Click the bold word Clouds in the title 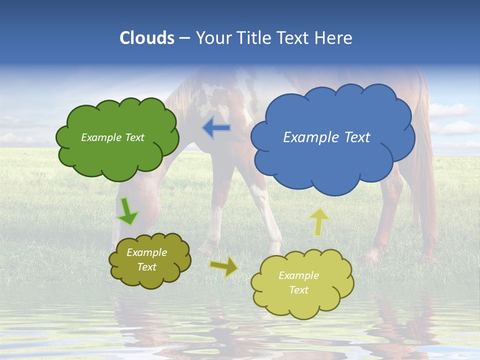tap(147, 38)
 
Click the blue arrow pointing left tap(216, 128)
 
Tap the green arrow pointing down tap(127, 211)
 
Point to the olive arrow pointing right tap(224, 266)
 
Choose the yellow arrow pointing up tap(319, 221)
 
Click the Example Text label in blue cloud tap(326, 137)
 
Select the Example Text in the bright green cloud tap(112, 137)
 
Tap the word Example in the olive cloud tap(146, 252)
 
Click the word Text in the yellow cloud tap(298, 290)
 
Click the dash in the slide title tap(184, 38)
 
